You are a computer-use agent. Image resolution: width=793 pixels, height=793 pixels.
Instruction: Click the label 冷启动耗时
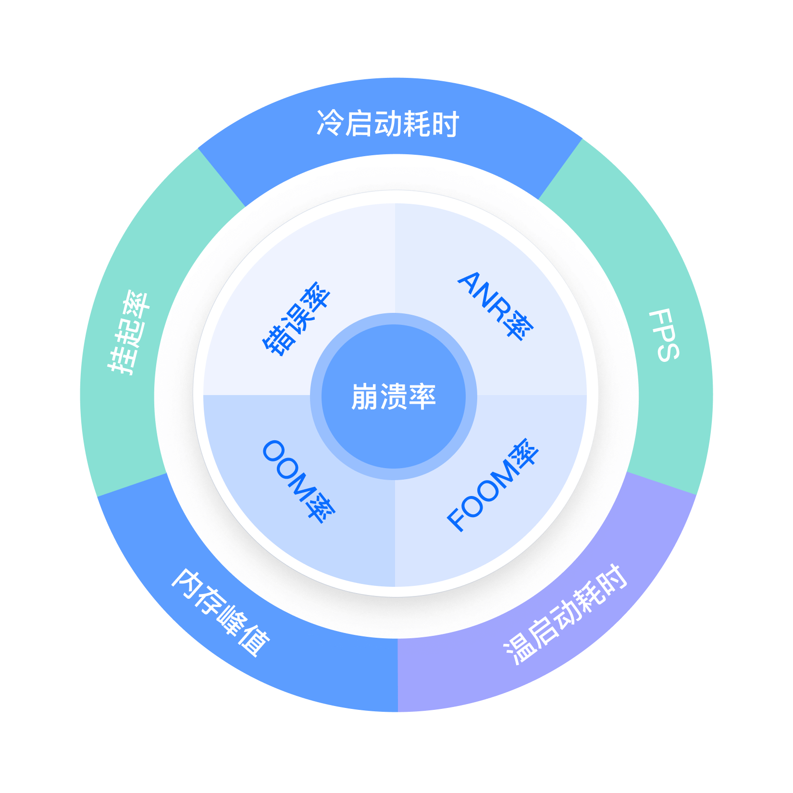pos(387,124)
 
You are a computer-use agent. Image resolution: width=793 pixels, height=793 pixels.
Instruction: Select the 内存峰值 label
pos(221,612)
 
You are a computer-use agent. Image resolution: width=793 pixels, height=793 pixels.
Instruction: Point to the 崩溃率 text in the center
pos(394,397)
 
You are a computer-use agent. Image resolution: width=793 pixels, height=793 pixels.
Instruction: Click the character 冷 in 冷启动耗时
pos(329,124)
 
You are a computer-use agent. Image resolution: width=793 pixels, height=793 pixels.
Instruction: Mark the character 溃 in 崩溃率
pos(394,397)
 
